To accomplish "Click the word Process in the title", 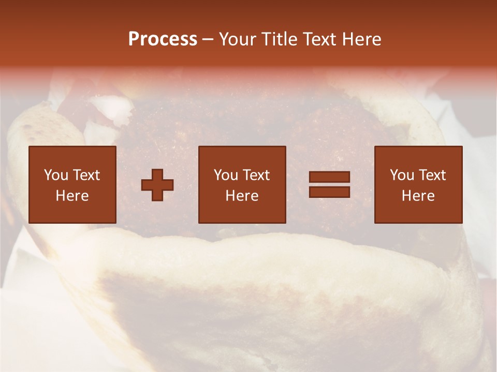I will tap(163, 39).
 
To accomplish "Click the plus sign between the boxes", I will tap(157, 185).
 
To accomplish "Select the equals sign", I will tap(329, 185).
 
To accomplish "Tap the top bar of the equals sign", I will tap(329, 177).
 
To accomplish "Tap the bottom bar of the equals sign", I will tap(329, 192).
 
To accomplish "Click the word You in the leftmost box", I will tap(55, 175).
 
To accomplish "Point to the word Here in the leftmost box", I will tap(72, 196).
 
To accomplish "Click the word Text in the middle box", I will tap(256, 175).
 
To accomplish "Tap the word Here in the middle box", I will tap(242, 196).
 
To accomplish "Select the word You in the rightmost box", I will tap(401, 175).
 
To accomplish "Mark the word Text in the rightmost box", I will tap(432, 175).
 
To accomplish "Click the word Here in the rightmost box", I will tap(418, 196).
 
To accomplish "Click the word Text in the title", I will tap(320, 39).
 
